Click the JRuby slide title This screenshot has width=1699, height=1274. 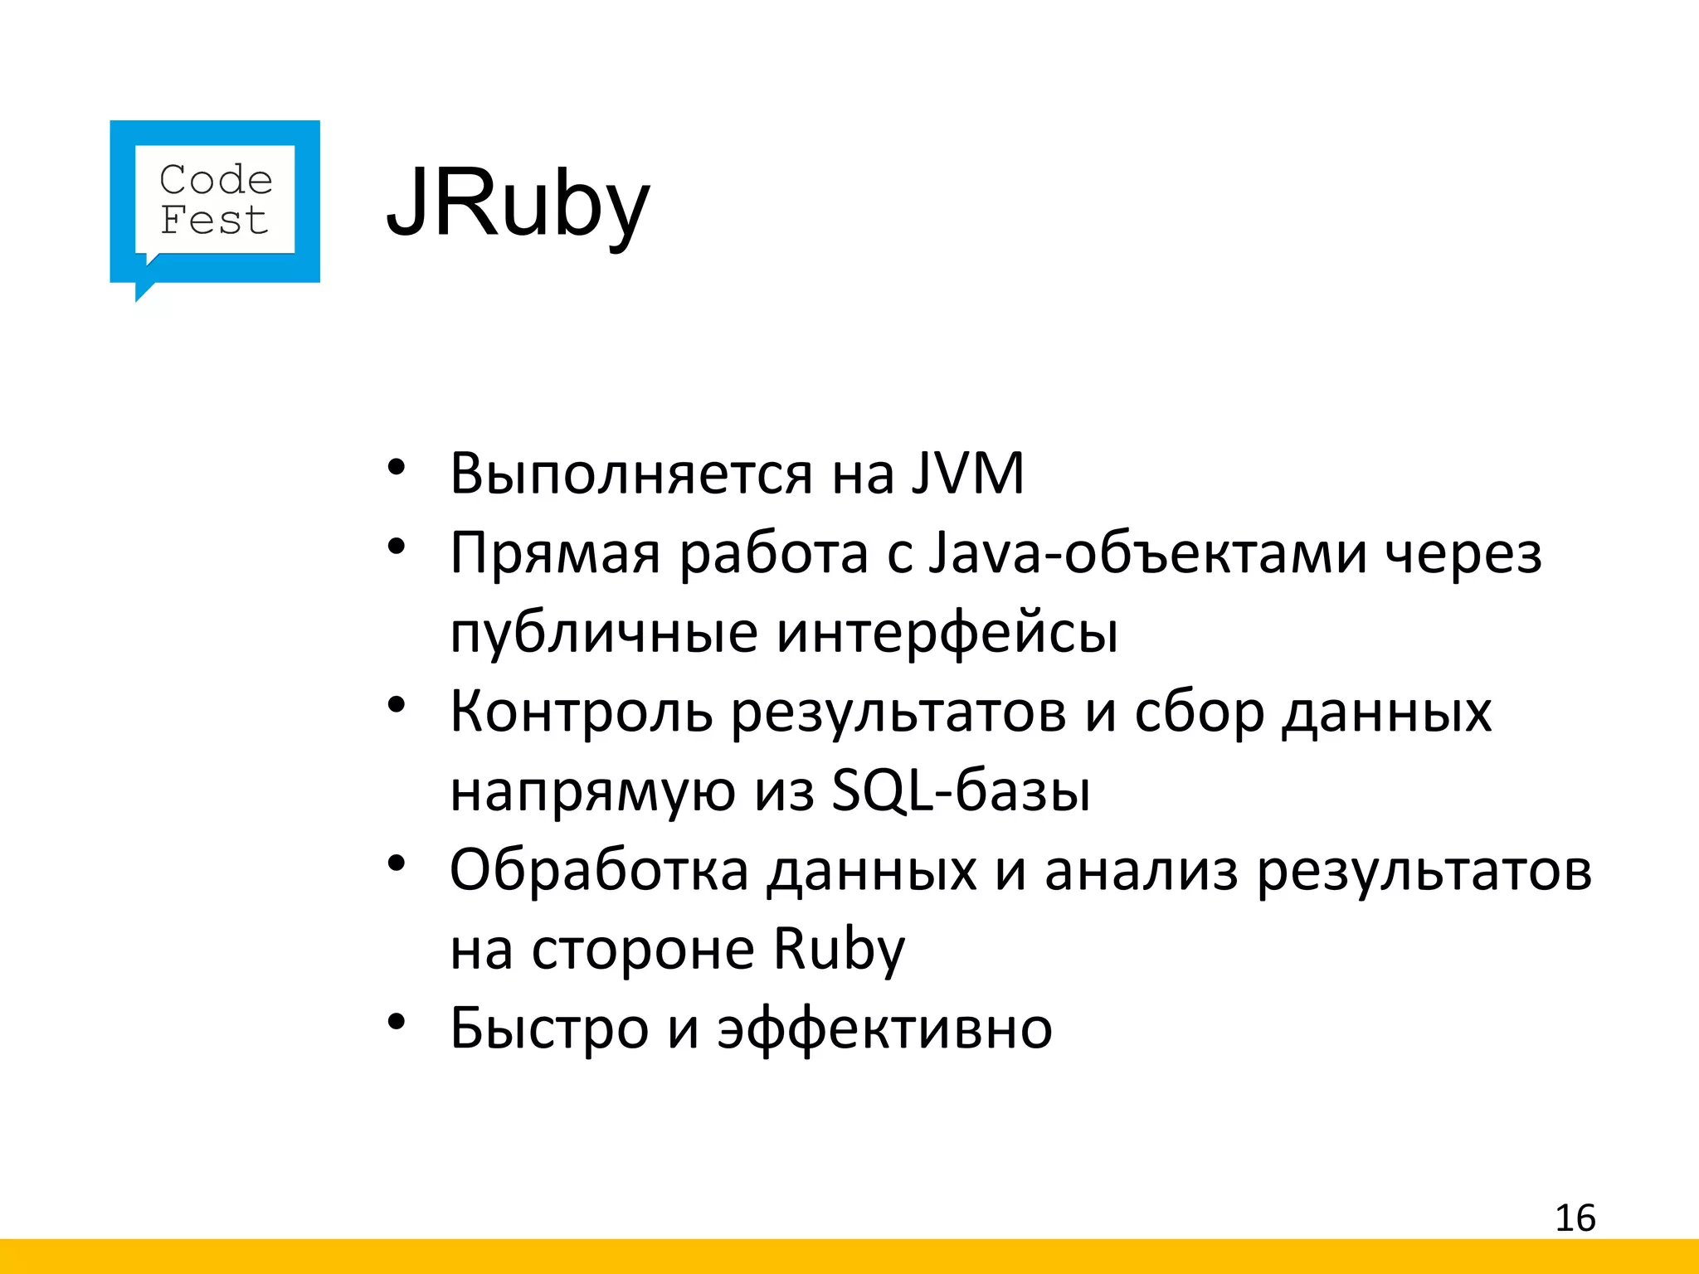point(518,203)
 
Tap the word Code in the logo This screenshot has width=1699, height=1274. point(216,180)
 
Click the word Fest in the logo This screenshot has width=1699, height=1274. point(214,221)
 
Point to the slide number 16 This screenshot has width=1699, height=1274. point(1575,1218)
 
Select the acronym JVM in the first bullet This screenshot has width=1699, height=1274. point(967,474)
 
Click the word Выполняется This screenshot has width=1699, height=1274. point(631,474)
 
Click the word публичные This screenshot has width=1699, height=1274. point(604,633)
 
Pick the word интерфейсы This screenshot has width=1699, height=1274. point(947,633)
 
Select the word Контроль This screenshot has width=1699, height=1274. point(581,712)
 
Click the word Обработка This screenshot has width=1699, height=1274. point(599,870)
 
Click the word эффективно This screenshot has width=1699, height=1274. point(884,1028)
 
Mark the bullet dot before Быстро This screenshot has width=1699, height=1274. point(396,1022)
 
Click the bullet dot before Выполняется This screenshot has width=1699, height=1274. point(396,468)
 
